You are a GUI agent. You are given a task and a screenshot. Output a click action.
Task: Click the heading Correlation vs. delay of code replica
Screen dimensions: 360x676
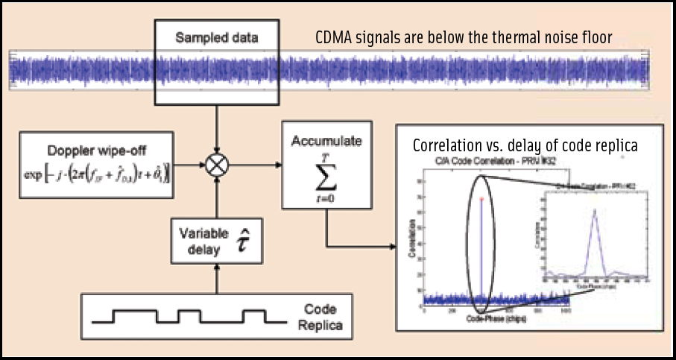(x=525, y=146)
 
